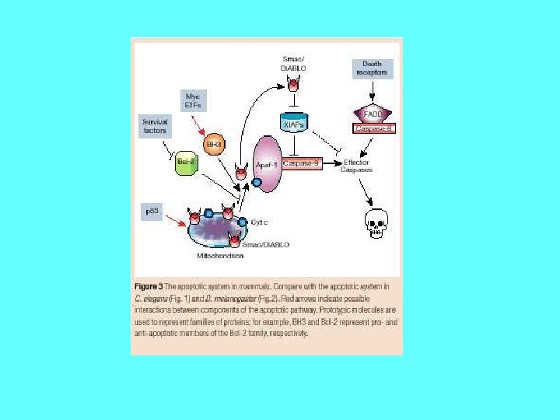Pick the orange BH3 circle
tap(212, 144)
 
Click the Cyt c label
tap(259, 221)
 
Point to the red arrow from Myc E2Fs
tap(202, 123)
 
